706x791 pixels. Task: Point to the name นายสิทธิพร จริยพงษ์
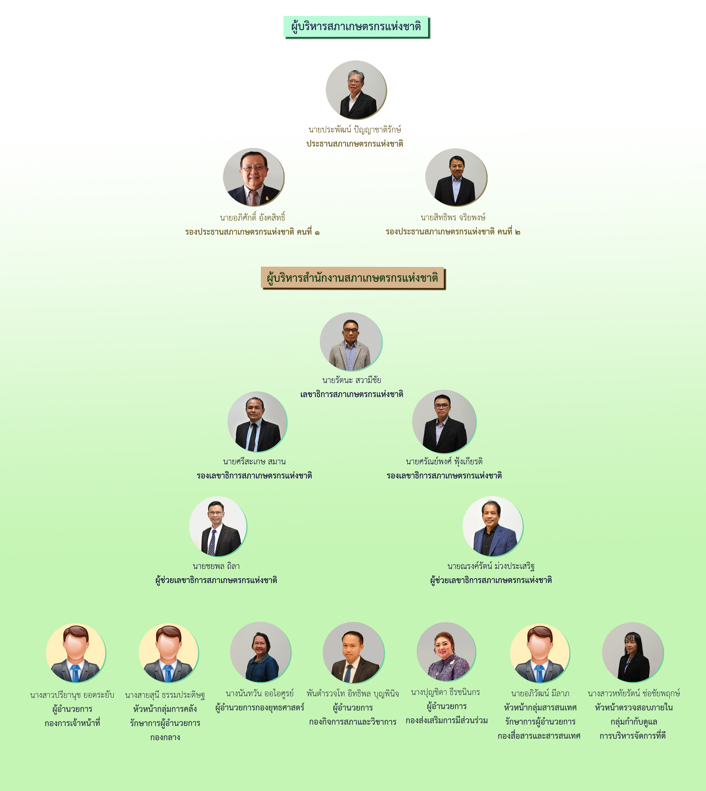453,217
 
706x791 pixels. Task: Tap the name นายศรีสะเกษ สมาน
255,461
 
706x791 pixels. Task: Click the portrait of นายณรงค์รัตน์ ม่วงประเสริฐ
493,526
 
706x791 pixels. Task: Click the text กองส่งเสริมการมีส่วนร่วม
447,721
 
